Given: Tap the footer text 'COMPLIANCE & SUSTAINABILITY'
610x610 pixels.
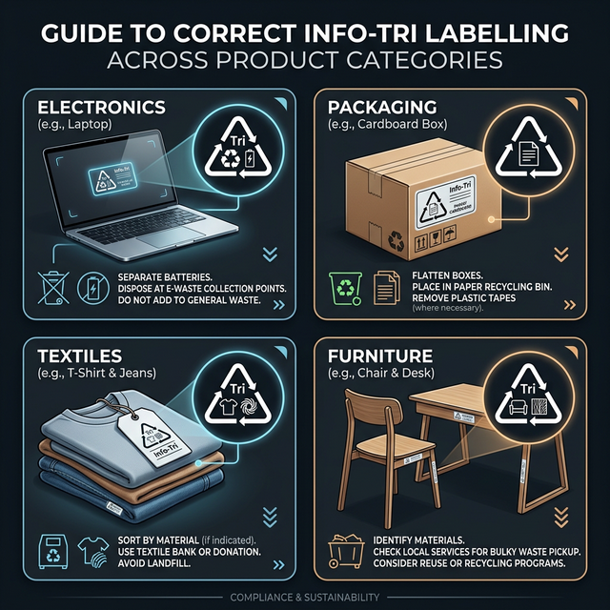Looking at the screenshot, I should tap(305, 597).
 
